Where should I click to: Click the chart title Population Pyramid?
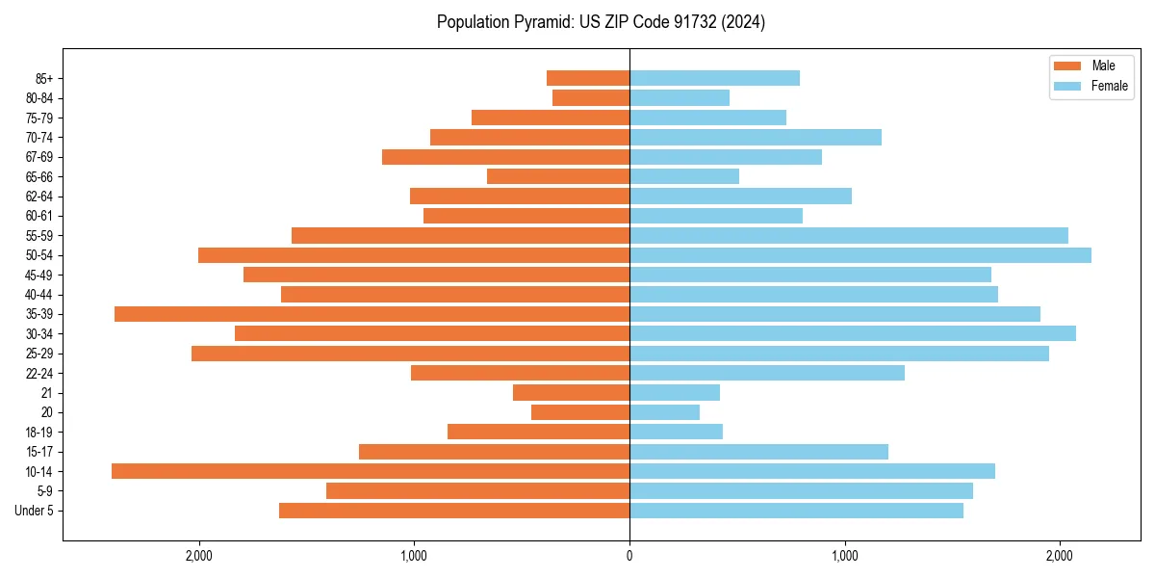click(601, 22)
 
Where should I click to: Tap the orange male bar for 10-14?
click(371, 471)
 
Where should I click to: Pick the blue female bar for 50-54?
click(860, 255)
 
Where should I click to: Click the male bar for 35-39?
click(372, 314)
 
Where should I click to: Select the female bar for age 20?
click(664, 412)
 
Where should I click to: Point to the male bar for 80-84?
click(591, 97)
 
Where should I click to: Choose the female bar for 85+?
click(714, 78)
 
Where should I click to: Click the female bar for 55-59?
click(849, 235)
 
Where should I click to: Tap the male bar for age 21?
click(571, 392)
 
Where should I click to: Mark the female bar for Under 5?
click(796, 511)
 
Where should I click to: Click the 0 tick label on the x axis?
click(629, 557)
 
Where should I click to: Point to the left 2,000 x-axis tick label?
click(199, 557)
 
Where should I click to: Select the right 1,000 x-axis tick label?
click(844, 557)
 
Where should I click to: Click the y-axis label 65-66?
click(39, 176)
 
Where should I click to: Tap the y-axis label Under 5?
click(35, 511)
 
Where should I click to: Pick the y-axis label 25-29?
click(39, 354)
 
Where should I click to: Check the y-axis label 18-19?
click(39, 432)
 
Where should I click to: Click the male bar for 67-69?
click(505, 157)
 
